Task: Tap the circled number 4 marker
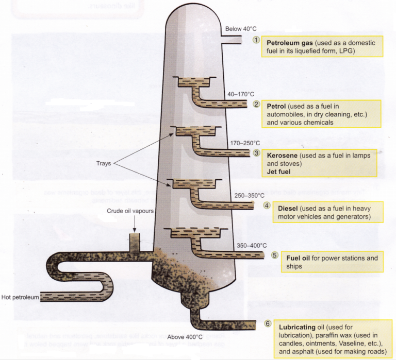(x=267, y=205)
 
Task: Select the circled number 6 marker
(x=267, y=324)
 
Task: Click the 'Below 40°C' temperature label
(x=241, y=29)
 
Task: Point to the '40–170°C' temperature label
(x=241, y=94)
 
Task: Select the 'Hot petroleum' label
(x=20, y=297)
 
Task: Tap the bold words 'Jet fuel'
(x=282, y=172)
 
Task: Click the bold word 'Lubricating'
(x=297, y=327)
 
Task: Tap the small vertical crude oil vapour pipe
(x=135, y=241)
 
